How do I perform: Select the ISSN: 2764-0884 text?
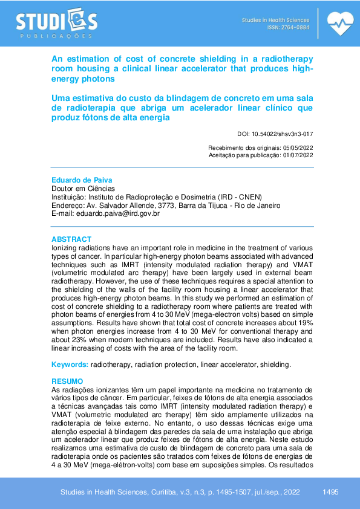coord(288,28)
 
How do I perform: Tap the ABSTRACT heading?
coord(71,239)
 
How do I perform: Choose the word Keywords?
coord(70,365)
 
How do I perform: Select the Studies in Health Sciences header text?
coord(275,20)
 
